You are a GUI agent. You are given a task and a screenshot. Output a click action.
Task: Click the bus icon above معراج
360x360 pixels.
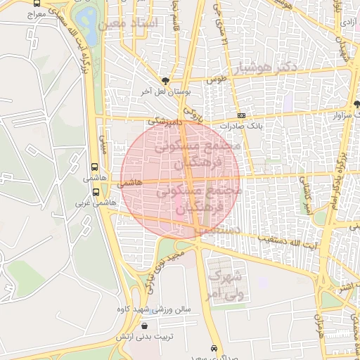tap(36, 3)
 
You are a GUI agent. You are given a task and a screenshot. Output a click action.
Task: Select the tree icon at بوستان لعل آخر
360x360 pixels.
tap(165, 81)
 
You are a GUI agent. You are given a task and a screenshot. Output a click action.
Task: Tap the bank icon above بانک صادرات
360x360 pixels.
tap(242, 115)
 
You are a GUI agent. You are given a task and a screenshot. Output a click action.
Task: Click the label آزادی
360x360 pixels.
tap(347, 22)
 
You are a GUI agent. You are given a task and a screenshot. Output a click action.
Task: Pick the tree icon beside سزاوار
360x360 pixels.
tap(356, 104)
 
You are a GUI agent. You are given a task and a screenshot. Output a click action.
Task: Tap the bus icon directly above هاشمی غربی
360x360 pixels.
tap(95, 192)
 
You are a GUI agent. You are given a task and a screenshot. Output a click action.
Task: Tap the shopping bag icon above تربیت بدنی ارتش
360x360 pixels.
tap(144, 326)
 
